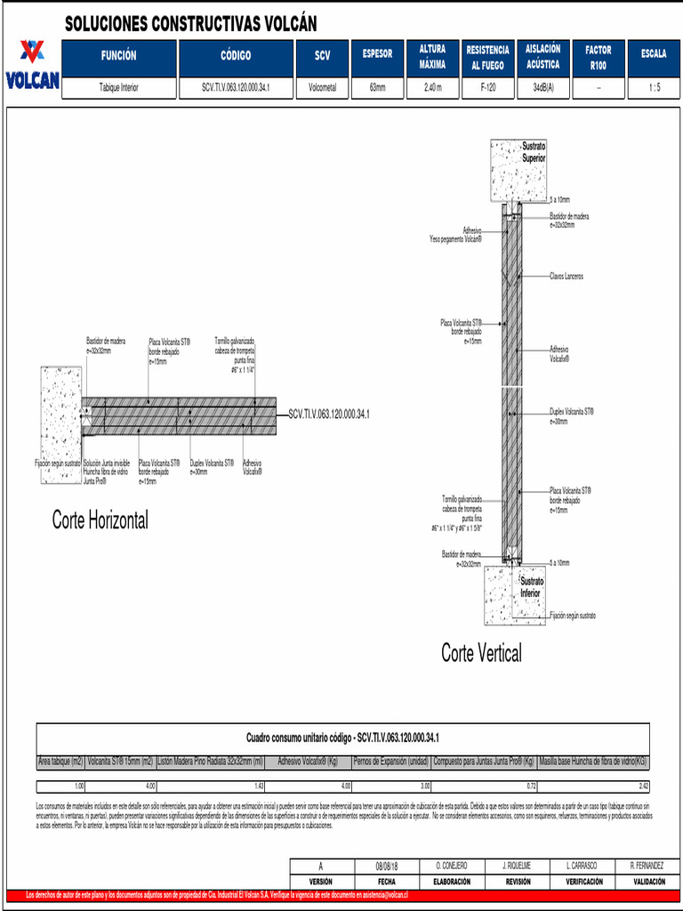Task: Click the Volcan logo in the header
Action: [32, 65]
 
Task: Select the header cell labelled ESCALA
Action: [654, 54]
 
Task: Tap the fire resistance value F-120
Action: [488, 88]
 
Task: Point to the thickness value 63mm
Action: [377, 88]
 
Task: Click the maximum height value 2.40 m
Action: [432, 88]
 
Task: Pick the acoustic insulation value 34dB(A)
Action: [542, 88]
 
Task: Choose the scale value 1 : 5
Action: [654, 88]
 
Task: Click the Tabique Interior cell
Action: [118, 88]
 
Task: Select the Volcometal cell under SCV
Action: [322, 88]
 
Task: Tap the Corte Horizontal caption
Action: [100, 520]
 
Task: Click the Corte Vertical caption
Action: [481, 653]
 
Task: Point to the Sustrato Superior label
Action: [534, 152]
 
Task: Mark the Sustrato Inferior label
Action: [531, 587]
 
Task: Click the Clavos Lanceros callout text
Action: [566, 277]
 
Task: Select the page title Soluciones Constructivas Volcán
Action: [190, 24]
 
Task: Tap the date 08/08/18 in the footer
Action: [388, 866]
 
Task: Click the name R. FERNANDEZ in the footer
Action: [647, 866]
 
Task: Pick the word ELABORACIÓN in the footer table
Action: [452, 881]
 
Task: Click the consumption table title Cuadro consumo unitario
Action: [342, 738]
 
